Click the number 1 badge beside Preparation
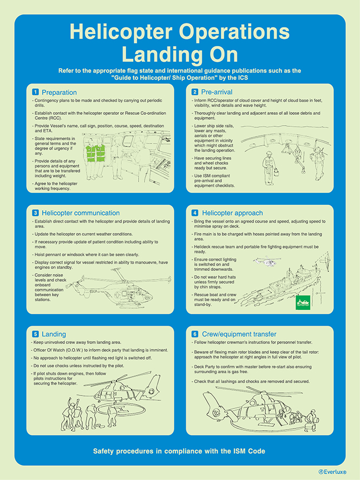[x=36, y=92]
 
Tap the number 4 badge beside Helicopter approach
[x=195, y=213]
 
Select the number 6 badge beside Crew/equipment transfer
[x=195, y=334]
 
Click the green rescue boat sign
[x=303, y=302]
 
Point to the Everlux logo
[x=332, y=472]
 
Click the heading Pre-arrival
[x=217, y=92]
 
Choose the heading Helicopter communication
[x=81, y=213]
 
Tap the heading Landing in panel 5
[x=54, y=334]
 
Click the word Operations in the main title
[x=234, y=31]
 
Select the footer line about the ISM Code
[x=179, y=451]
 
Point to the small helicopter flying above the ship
[x=267, y=261]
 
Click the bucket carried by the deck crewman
[x=276, y=172]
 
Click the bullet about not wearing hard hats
[x=213, y=282]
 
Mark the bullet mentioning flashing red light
[x=91, y=358]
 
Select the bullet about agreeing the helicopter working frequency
[x=55, y=186]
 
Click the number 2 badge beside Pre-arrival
[x=195, y=92]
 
